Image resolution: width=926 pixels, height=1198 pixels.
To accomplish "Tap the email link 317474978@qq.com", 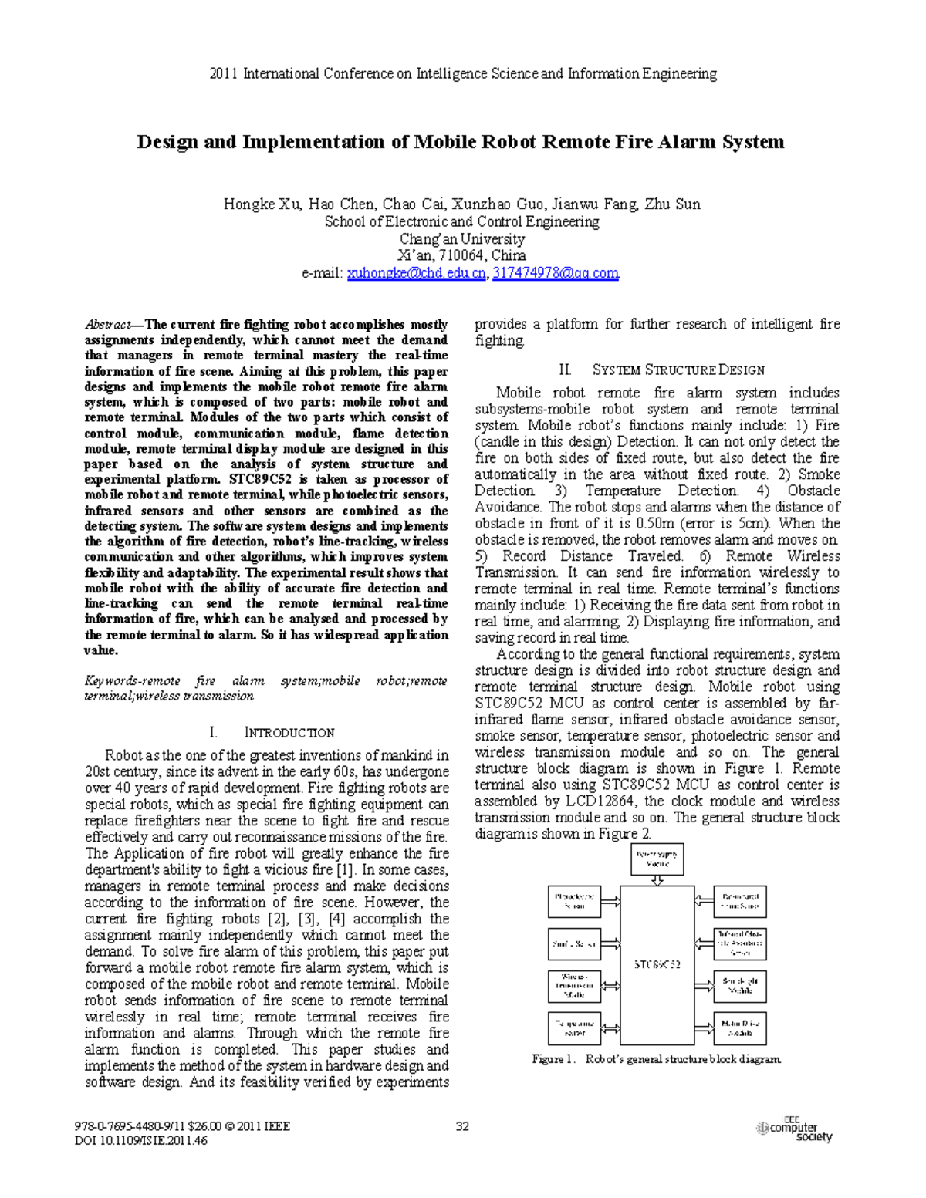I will pos(555,273).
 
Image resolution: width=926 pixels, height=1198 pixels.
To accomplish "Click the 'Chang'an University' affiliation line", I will pos(461,239).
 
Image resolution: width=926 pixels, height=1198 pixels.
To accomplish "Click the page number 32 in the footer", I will pos(462,1126).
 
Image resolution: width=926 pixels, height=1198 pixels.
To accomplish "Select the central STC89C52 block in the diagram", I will pos(657,964).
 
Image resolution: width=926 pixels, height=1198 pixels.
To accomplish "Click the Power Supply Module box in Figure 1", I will pos(657,859).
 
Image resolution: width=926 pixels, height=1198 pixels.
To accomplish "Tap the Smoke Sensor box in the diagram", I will pos(574,943).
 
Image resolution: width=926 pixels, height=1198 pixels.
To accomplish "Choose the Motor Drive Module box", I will pos(740,1028).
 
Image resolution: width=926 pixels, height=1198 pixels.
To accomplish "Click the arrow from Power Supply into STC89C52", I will pos(657,880).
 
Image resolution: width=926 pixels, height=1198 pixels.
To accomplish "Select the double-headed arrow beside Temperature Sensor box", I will pos(610,1028).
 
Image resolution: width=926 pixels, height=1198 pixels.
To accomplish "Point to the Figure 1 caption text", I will pos(657,1059).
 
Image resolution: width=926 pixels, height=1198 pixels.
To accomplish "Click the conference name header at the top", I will pos(463,74).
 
